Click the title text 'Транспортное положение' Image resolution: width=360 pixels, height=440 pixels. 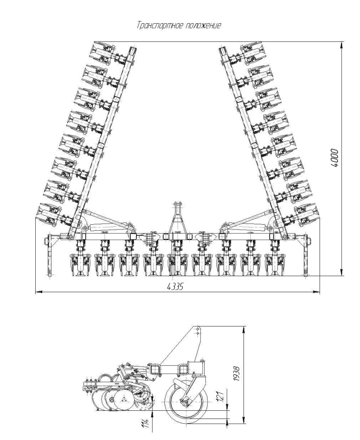pyautogui.click(x=179, y=26)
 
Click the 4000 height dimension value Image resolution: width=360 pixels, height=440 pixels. pyautogui.click(x=335, y=158)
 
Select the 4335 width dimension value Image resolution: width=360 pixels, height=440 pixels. pyautogui.click(x=175, y=287)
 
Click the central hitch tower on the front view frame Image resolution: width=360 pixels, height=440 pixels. pyautogui.click(x=178, y=217)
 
